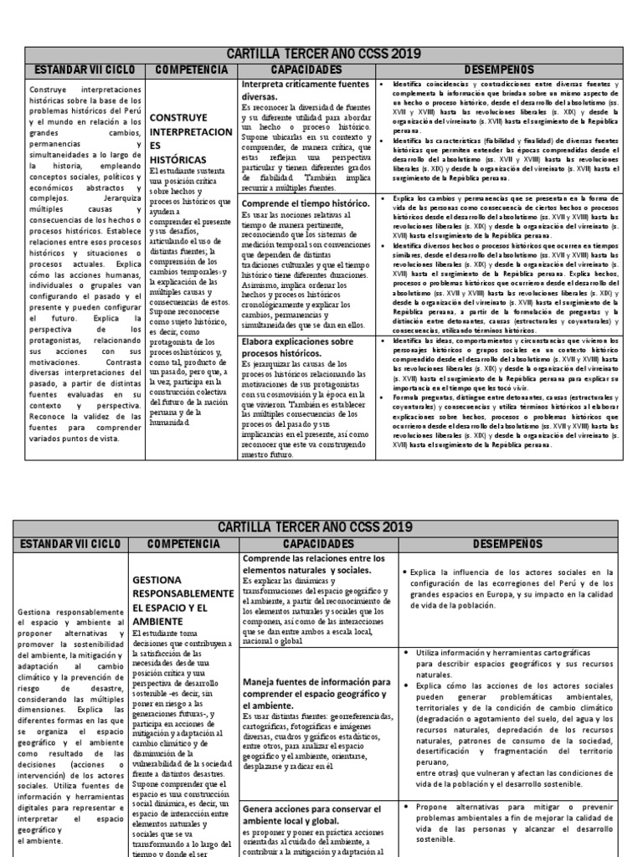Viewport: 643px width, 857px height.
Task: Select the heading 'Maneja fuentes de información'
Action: (x=316, y=694)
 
